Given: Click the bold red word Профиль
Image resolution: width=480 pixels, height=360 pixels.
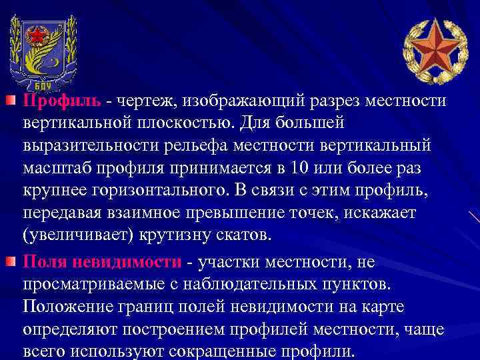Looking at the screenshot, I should coord(62,101).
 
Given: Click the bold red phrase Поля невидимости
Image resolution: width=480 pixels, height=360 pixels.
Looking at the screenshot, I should coord(102,262).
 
